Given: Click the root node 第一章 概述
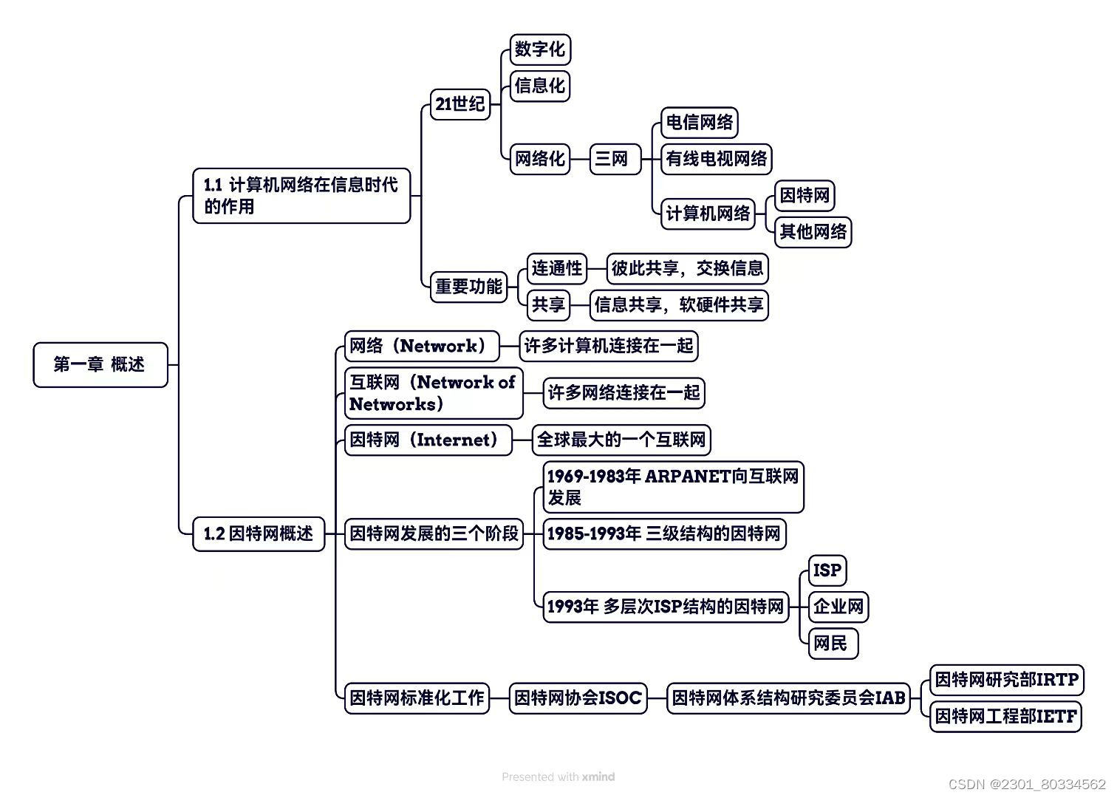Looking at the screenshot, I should coord(100,364).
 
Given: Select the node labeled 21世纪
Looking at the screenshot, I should coord(460,103).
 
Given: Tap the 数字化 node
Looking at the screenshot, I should coord(540,50).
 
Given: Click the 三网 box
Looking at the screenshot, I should coord(612,159).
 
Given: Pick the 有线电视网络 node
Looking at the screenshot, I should coord(716,159).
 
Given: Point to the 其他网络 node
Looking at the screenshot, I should coord(813,232).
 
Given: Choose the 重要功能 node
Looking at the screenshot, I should coord(468,287).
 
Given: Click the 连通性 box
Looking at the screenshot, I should coord(557,268).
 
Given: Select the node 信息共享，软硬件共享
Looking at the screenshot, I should coord(679,305).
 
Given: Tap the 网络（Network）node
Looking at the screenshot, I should coord(421,346).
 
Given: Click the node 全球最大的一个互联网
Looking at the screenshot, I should coord(621,440).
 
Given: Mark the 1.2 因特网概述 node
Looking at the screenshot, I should coord(259,533).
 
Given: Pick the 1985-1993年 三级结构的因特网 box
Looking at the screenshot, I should coord(663,533).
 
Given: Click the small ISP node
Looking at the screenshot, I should coord(827,570).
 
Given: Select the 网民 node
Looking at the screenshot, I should coord(831,644).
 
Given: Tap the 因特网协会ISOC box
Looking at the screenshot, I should coord(578,698).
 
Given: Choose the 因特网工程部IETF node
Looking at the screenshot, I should coord(1005,716).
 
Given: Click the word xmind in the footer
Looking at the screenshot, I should coord(598,777).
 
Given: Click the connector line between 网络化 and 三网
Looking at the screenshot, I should coord(580,159).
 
